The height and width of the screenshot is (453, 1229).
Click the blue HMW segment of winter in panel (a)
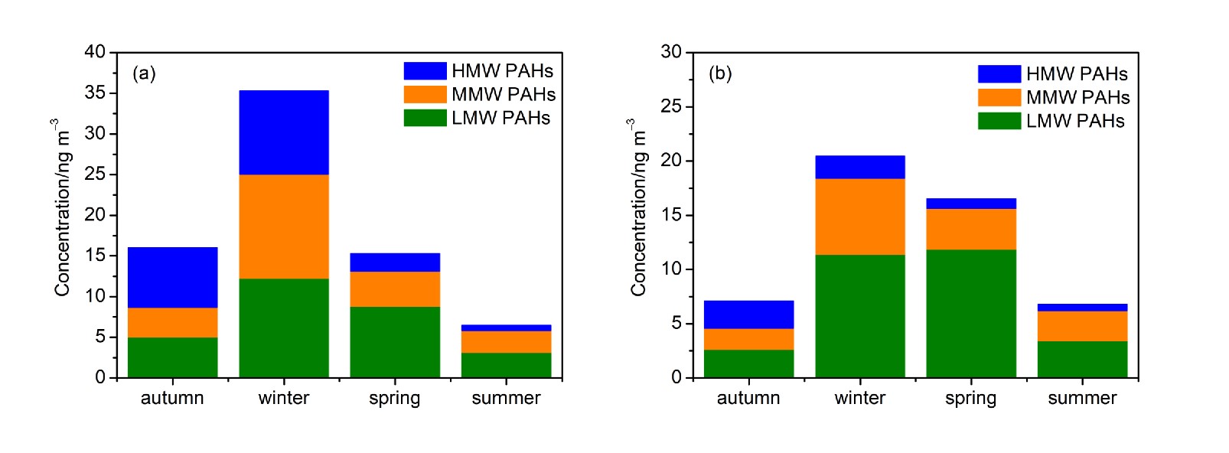pyautogui.click(x=284, y=132)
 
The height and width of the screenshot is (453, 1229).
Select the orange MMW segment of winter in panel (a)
pyautogui.click(x=284, y=226)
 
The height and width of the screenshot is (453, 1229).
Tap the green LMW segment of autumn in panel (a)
pyautogui.click(x=172, y=357)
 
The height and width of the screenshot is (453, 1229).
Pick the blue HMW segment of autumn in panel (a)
pyautogui.click(x=172, y=277)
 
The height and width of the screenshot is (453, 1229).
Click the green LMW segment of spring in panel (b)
pyautogui.click(x=971, y=314)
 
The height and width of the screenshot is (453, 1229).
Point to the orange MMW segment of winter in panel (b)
pyautogui.click(x=860, y=217)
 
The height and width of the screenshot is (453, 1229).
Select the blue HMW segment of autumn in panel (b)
pyautogui.click(x=748, y=314)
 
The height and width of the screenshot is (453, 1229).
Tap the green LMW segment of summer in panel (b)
pyautogui.click(x=1082, y=359)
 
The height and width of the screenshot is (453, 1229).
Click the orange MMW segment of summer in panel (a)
pyautogui.click(x=506, y=341)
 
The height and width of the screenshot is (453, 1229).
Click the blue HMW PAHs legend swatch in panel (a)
pyautogui.click(x=425, y=71)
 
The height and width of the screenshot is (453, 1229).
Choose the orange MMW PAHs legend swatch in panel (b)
pyautogui.click(x=999, y=97)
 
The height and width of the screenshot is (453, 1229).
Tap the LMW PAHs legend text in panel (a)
pyautogui.click(x=500, y=118)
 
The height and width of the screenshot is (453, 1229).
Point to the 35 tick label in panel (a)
pyautogui.click(x=95, y=93)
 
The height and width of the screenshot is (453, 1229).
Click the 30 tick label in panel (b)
pyautogui.click(x=671, y=52)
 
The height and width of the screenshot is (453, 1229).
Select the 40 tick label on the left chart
pyautogui.click(x=95, y=52)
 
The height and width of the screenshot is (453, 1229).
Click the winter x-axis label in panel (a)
pyautogui.click(x=284, y=398)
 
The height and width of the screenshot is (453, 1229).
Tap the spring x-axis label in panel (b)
pyautogui.click(x=970, y=399)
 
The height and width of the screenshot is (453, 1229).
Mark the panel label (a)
pyautogui.click(x=144, y=73)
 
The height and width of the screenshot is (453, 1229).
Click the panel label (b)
pyautogui.click(x=720, y=73)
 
